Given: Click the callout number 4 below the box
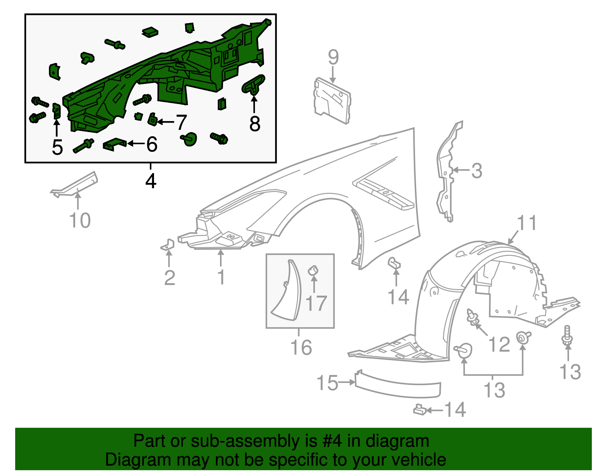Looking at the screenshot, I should pyautogui.click(x=151, y=181).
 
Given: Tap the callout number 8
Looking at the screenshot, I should pyautogui.click(x=255, y=123).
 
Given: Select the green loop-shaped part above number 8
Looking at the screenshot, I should pyautogui.click(x=253, y=84).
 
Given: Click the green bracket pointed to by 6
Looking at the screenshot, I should pyautogui.click(x=114, y=144).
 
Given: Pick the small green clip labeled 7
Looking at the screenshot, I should pyautogui.click(x=153, y=120).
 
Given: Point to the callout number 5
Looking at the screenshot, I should pyautogui.click(x=57, y=147).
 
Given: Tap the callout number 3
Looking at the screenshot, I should pyautogui.click(x=476, y=171).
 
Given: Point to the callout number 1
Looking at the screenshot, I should pyautogui.click(x=221, y=277).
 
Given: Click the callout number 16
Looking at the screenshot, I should pyautogui.click(x=301, y=347).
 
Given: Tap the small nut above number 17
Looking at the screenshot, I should pyautogui.click(x=313, y=270).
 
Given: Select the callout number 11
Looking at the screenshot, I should pyautogui.click(x=527, y=223).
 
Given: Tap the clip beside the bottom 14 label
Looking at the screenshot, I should pyautogui.click(x=419, y=410).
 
